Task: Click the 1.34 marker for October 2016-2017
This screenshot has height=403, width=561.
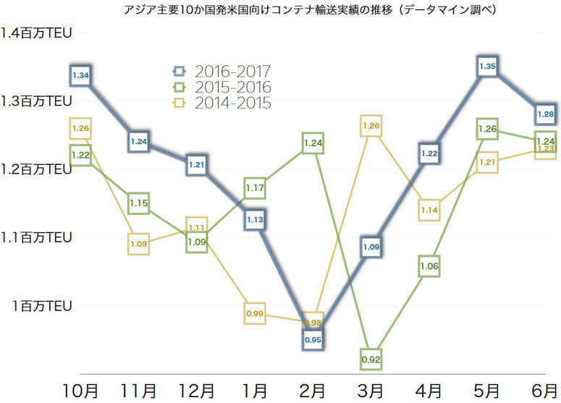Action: pyautogui.click(x=80, y=75)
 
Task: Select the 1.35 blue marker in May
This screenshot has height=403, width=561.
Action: pyautogui.click(x=487, y=66)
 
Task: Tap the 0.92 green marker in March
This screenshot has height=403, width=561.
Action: pyautogui.click(x=371, y=359)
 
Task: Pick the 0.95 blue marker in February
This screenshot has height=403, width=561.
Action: pyautogui.click(x=313, y=339)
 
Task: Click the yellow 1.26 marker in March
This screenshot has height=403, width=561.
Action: pyautogui.click(x=371, y=126)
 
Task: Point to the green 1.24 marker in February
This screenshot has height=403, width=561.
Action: pyautogui.click(x=313, y=143)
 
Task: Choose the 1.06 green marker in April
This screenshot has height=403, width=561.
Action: pyautogui.click(x=429, y=266)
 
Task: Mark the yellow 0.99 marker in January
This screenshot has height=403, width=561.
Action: pyautogui.click(x=255, y=314)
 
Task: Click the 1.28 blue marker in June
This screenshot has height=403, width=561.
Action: pyautogui.click(x=545, y=114)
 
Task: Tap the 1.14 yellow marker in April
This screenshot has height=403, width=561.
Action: pyautogui.click(x=429, y=210)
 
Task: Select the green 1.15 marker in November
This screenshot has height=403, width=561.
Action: pyautogui.click(x=139, y=203)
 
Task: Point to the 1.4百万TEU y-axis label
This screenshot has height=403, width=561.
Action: pyautogui.click(x=36, y=33)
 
